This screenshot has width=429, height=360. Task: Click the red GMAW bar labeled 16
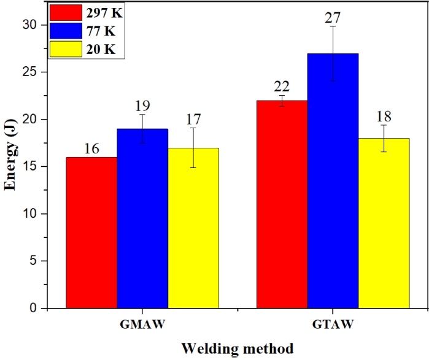coord(91,232)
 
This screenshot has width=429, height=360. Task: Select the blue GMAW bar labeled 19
coord(142,218)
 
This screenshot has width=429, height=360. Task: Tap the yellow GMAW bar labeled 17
coord(193,228)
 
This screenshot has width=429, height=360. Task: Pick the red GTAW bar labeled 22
coord(282,204)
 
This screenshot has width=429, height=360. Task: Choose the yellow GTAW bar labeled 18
coord(384,223)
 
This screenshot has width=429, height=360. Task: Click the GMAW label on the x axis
coord(142,323)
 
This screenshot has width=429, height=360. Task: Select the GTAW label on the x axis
coord(333,323)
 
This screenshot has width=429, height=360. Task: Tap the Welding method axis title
coord(236,348)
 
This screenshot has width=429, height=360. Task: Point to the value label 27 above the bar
coord(333,15)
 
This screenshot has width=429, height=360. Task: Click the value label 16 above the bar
coord(91,149)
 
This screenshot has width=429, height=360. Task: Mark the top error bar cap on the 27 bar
coord(333,26)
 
